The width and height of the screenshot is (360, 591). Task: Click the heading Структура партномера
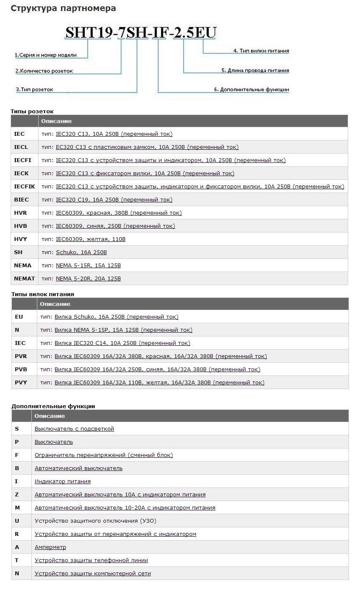pos(63,8)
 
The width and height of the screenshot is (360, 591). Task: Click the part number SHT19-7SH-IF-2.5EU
pos(140,33)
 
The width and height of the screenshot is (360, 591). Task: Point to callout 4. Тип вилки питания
pos(261,51)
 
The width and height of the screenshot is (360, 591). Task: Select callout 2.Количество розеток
pos(44,71)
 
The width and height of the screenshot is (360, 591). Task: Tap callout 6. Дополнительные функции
pos(251,90)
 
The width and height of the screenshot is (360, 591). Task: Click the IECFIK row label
pos(25,187)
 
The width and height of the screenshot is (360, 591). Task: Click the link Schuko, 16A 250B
pos(81,252)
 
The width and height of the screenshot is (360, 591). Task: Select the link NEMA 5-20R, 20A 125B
pos(88,279)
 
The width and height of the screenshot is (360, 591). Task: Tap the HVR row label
pos(20,213)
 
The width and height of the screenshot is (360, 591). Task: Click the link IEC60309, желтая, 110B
pos(91,239)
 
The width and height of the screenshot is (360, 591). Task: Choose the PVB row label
pos(21,370)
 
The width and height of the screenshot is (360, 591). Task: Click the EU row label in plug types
pos(19,317)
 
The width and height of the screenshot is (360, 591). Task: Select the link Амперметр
pos(50,547)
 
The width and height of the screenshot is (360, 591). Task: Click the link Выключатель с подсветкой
pos(74,429)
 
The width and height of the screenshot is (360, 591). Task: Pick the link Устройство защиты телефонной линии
pos(91,560)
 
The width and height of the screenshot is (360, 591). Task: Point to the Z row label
pos(17,495)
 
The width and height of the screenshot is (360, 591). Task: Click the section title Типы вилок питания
pos(42,294)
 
